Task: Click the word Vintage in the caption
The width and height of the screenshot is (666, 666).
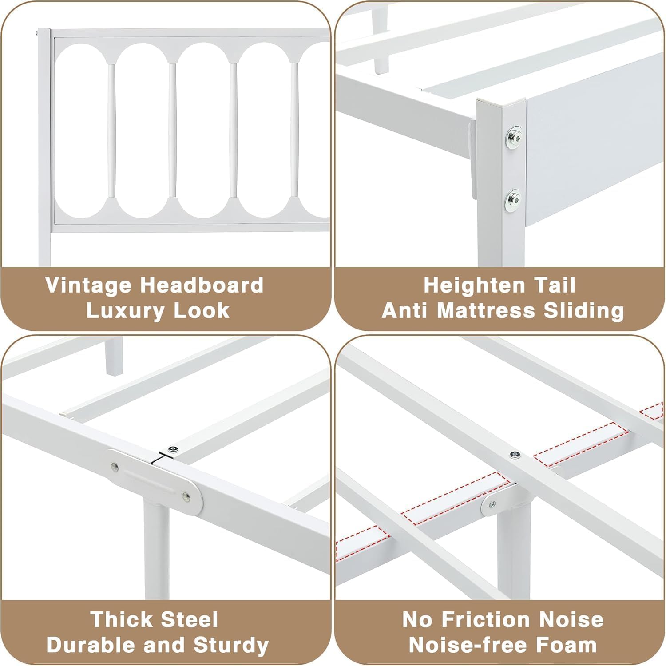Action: tap(89, 285)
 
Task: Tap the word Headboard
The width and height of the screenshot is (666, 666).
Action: tap(202, 285)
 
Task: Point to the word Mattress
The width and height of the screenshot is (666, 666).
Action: tap(486, 310)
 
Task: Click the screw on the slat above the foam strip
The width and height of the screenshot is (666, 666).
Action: tap(515, 454)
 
